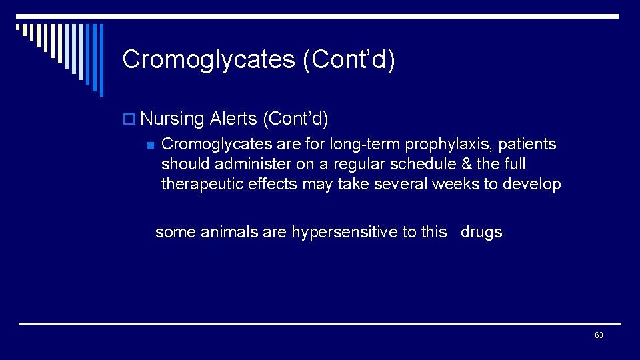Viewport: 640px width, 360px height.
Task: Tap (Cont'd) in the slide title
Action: click(349, 59)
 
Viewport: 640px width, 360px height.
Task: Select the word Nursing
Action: click(172, 119)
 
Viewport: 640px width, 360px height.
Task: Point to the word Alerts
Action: click(233, 119)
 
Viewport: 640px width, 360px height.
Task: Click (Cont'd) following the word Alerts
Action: click(295, 119)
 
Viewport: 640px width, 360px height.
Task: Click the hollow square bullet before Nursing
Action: click(129, 120)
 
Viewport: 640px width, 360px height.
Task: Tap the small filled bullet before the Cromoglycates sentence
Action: click(150, 145)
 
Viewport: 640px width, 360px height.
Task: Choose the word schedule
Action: click(419, 164)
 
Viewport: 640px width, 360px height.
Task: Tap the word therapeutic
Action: click(203, 185)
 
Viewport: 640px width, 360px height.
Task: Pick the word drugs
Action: click(481, 232)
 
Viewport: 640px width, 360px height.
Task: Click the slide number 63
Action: click(599, 335)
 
